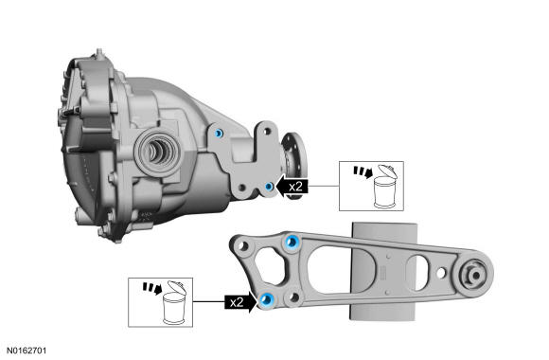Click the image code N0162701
point(27,351)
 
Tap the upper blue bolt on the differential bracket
point(219,134)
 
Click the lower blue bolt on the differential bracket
point(269,187)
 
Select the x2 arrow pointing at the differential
point(292,186)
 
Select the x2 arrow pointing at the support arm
point(240,302)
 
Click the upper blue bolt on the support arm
point(292,242)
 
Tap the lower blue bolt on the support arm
point(267,299)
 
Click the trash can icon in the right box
point(385,188)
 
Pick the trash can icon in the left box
point(174,303)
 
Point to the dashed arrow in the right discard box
point(363,171)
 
